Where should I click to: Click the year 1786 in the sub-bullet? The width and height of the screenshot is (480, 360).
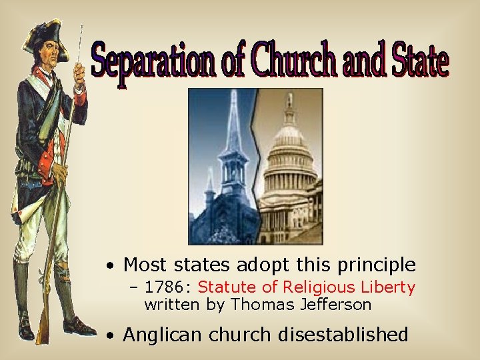tap(159, 288)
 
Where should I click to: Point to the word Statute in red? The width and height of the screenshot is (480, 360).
tap(223, 288)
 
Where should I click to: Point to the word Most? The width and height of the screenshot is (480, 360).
tap(145, 265)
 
